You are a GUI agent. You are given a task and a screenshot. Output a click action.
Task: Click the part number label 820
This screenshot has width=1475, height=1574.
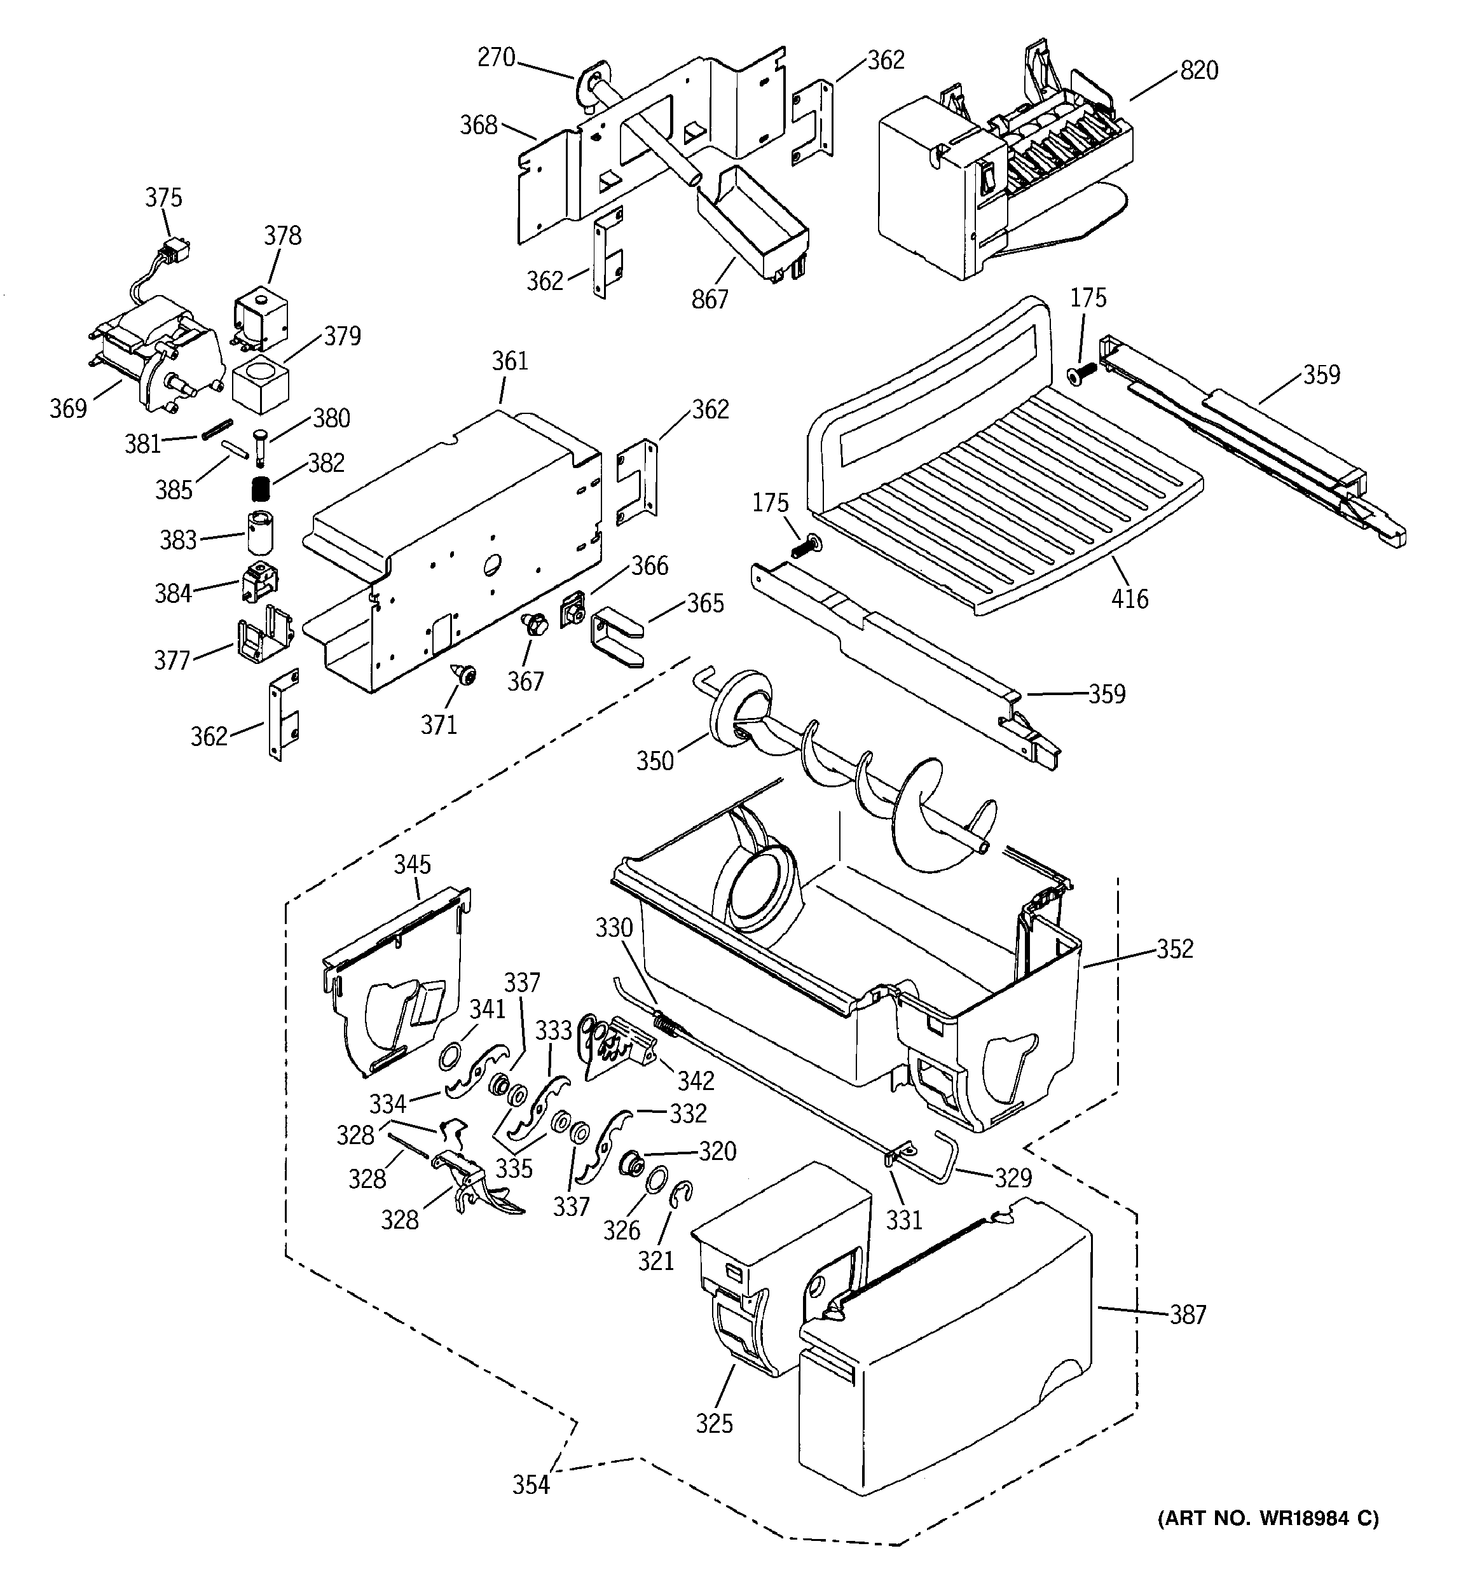coord(1200,71)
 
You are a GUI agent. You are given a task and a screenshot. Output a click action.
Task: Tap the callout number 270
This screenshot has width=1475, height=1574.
coord(497,58)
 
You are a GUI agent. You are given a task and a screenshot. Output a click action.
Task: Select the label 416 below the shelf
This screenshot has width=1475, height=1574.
coord(1129,598)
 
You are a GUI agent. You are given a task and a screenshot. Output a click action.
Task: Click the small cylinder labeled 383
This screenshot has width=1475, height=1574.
coord(259,532)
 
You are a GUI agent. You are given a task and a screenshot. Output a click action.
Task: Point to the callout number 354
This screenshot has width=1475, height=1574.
coord(530,1484)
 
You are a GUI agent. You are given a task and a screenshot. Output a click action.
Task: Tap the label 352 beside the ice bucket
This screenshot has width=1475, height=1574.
coord(1174,948)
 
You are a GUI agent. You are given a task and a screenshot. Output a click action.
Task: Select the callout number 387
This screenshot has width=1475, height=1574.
coord(1188,1315)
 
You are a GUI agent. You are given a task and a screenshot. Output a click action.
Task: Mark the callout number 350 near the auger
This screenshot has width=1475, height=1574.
coord(655,761)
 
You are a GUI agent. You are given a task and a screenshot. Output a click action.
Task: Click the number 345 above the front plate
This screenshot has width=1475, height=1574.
coord(412,864)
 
